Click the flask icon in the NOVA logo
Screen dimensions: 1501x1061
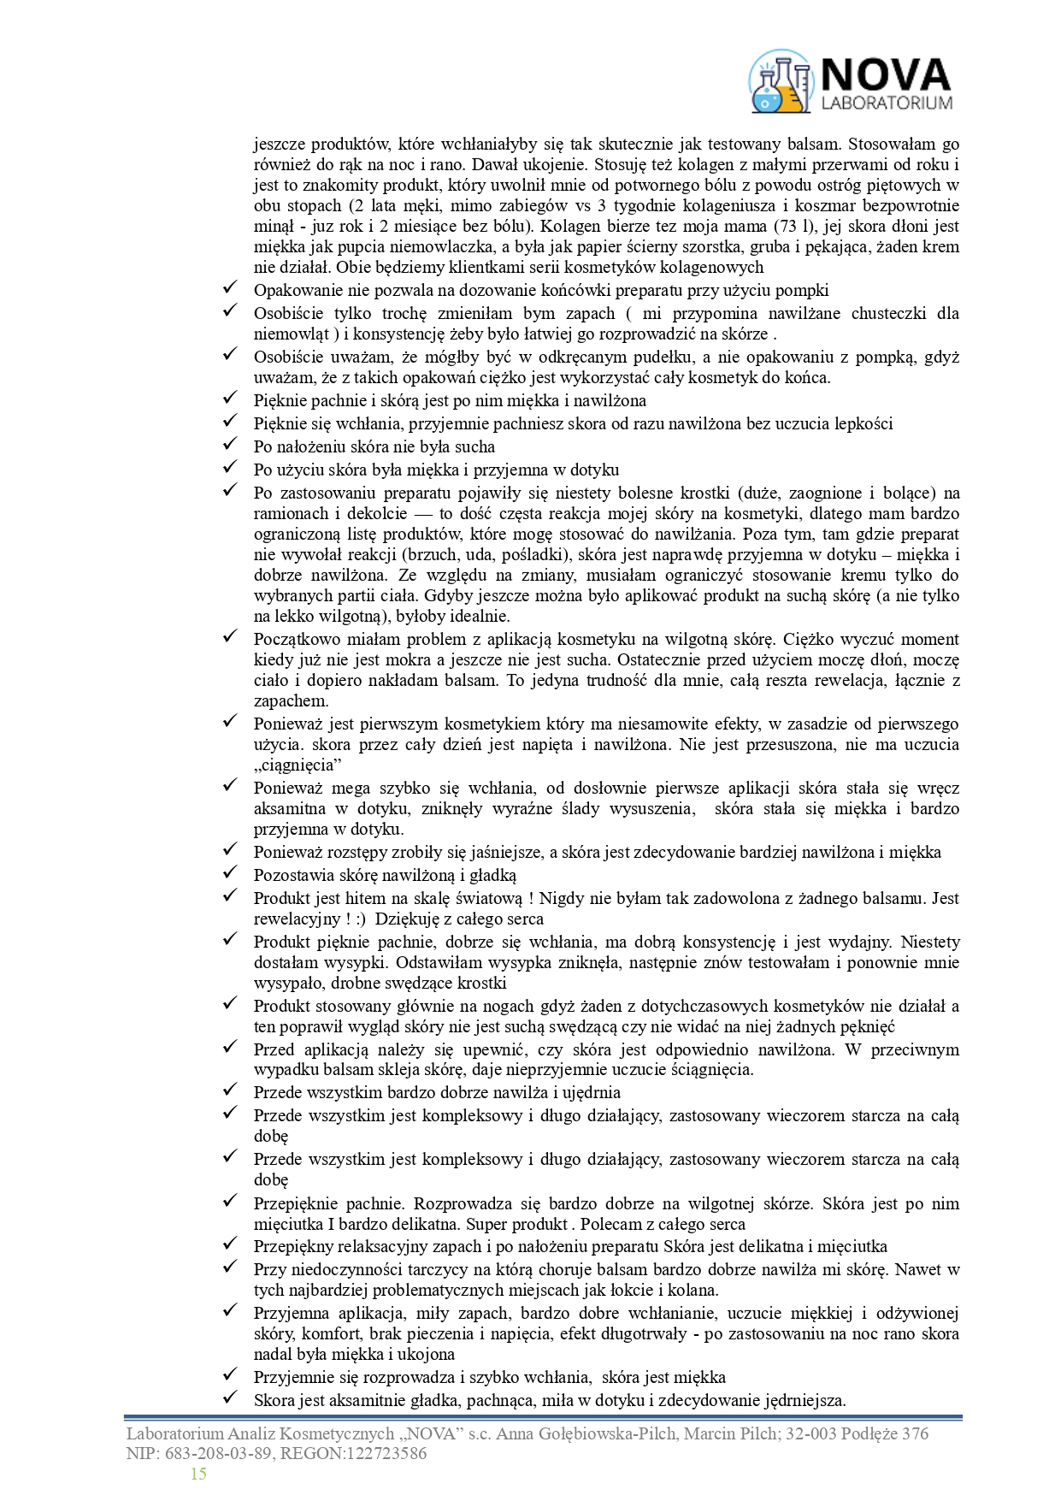pos(780,82)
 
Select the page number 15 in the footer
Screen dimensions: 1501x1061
pos(198,1473)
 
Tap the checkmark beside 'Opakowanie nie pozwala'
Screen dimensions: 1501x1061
pos(229,289)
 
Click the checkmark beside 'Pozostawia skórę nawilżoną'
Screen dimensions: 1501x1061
pos(229,873)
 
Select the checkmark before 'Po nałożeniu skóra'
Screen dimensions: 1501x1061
pos(229,445)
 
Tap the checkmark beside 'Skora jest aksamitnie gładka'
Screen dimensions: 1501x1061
pos(229,1399)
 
